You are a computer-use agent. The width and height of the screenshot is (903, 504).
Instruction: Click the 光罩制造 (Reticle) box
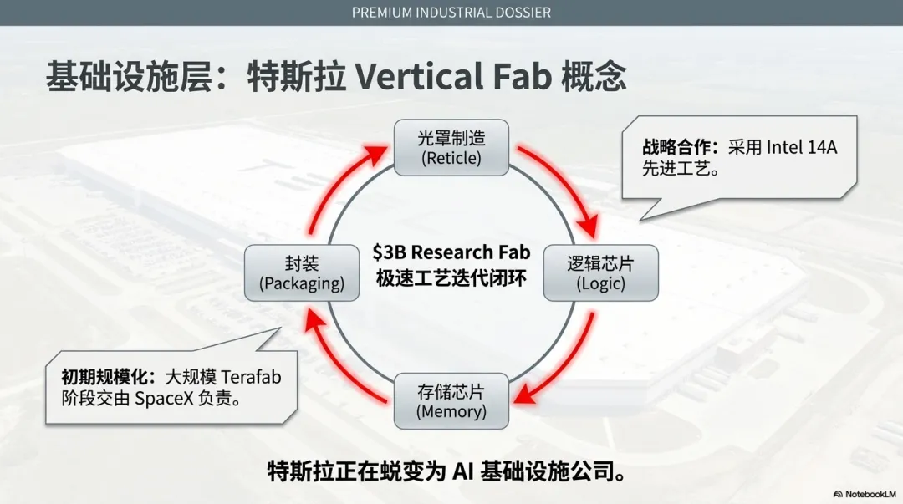[451, 147]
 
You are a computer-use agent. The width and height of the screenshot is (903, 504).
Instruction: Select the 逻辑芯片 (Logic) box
[600, 273]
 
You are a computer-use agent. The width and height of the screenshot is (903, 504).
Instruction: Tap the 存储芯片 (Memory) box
[451, 400]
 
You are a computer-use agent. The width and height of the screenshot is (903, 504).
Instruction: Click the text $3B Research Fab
[451, 252]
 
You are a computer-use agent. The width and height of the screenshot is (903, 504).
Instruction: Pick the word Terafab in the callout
[251, 377]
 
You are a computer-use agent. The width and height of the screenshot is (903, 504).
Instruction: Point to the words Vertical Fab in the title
[453, 77]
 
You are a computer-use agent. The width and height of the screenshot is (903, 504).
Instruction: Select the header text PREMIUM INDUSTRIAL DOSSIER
[451, 13]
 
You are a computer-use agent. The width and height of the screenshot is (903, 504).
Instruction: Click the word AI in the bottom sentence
[463, 471]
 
